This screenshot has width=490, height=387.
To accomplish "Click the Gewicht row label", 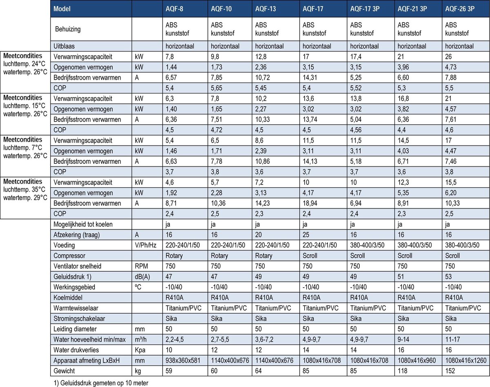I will [x=64, y=371].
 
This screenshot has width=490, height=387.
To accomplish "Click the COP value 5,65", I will [x=218, y=88].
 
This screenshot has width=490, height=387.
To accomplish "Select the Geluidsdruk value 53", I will [x=448, y=277].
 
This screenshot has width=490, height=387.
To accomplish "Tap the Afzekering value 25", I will [x=306, y=235].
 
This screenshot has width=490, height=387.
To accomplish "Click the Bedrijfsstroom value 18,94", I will [x=311, y=203].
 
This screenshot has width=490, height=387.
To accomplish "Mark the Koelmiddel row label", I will [x=67, y=298].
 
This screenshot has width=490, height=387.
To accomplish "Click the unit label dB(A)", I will [x=142, y=277].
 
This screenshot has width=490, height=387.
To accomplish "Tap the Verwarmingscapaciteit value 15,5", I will [x=451, y=182].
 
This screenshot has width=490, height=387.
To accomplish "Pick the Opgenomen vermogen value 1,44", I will [x=172, y=67].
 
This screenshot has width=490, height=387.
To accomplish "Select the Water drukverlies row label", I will [x=76, y=350].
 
